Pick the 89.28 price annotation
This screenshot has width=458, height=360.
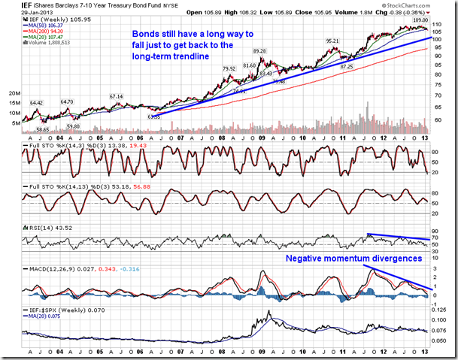pyautogui.click(x=259, y=52)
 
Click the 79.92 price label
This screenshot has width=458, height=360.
pyautogui.click(x=229, y=69)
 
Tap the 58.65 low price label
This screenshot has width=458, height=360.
pyautogui.click(x=42, y=130)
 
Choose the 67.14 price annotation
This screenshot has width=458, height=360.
pyautogui.click(x=116, y=96)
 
